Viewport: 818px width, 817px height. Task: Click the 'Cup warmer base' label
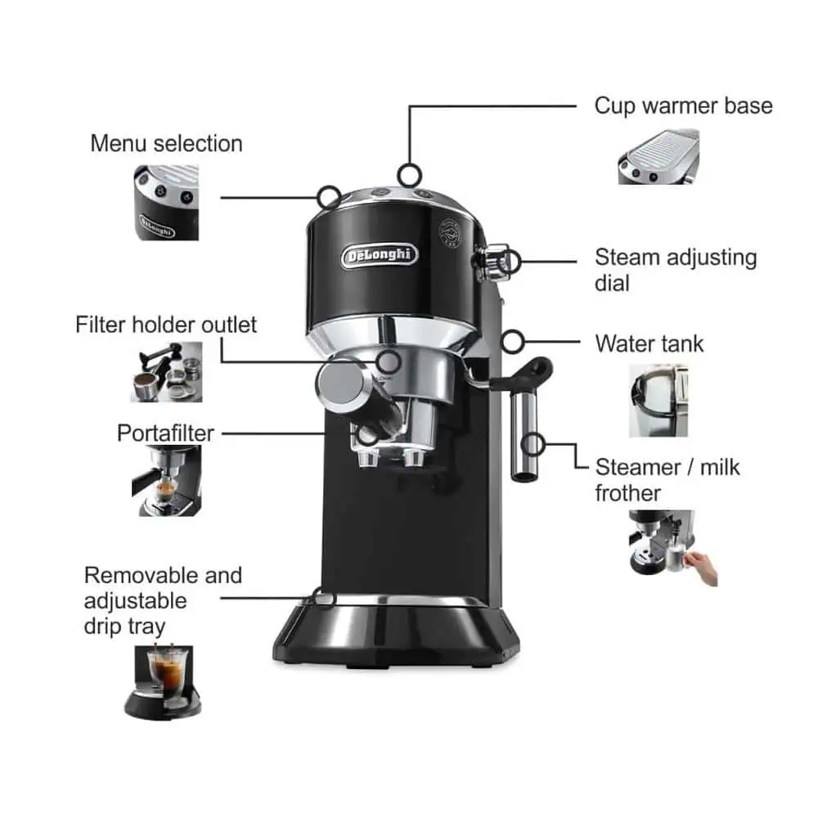[x=683, y=106]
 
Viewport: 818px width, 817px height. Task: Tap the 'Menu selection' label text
[x=166, y=143]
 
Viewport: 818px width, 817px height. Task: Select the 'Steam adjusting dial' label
[x=676, y=270]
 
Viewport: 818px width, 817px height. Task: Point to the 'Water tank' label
[x=649, y=343]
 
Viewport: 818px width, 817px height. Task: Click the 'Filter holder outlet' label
[x=166, y=325]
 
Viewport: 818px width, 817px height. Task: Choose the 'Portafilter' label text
[x=165, y=433]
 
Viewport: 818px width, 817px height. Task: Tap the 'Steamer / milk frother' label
[x=667, y=480]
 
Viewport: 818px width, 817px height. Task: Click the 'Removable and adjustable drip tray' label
[x=163, y=600]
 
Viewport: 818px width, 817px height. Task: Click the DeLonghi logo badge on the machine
[x=380, y=256]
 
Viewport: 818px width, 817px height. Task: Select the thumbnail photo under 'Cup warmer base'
[x=658, y=156]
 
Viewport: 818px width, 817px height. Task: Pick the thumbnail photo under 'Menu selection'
[x=166, y=203]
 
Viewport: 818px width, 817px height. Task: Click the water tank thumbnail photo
[x=658, y=401]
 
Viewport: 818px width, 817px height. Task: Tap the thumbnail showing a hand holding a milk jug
[x=673, y=548]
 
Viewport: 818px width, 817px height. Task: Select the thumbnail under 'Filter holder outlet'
[x=166, y=372]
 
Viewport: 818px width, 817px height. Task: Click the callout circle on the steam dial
[x=509, y=262]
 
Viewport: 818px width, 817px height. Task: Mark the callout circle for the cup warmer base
[x=410, y=175]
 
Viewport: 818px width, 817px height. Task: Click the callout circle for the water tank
[x=513, y=342]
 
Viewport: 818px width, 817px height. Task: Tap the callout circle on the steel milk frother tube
[x=533, y=445]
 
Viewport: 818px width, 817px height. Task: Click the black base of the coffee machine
[x=396, y=634]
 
